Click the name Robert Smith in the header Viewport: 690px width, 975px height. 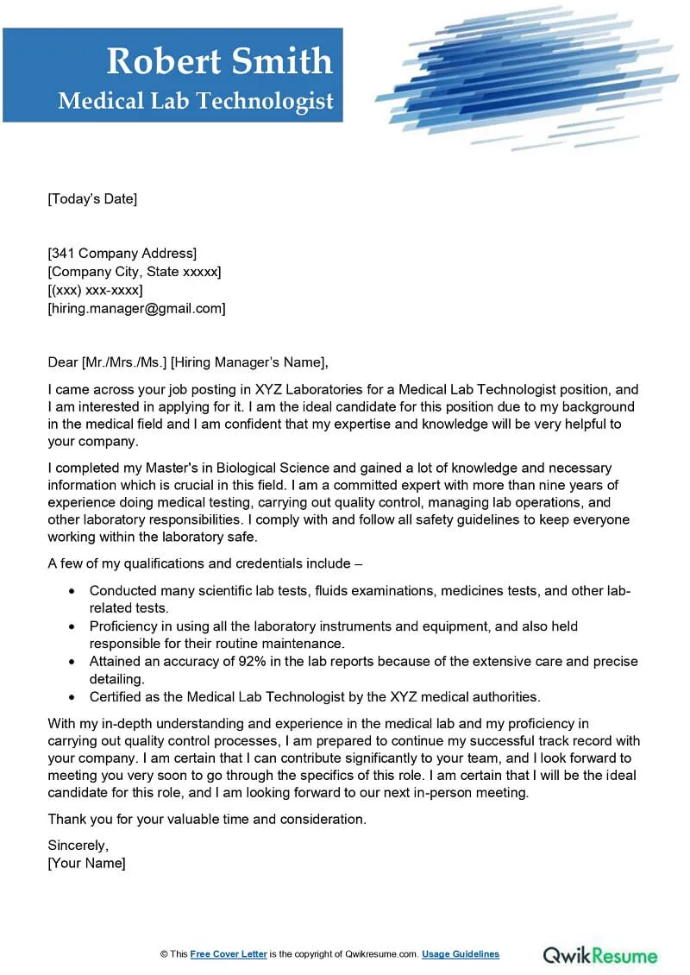219,61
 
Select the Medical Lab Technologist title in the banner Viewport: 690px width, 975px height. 196,101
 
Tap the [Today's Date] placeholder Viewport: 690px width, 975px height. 92,199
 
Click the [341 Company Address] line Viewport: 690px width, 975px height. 122,253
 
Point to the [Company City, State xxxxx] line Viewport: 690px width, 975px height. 134,272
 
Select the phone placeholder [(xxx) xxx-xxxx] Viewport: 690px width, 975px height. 95,290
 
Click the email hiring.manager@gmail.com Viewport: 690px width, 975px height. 136,308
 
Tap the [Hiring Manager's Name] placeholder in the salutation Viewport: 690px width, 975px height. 250,362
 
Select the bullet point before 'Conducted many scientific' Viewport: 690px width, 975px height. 71,591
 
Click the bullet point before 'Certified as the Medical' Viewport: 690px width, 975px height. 71,697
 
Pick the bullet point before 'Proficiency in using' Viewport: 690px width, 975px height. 71,626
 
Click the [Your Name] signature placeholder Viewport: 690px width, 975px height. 86,863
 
